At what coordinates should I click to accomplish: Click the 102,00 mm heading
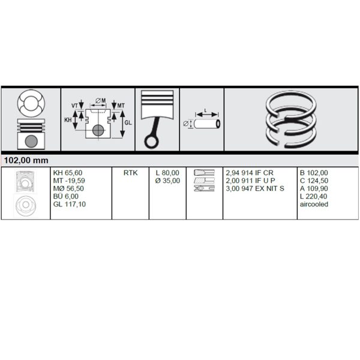[x=26, y=160]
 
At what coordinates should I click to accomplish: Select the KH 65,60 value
[x=68, y=173]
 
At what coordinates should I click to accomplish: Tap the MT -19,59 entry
[x=69, y=181]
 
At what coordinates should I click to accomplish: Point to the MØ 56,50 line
[x=68, y=188]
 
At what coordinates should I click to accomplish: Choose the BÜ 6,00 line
[x=66, y=196]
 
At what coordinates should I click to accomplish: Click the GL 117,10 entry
[x=70, y=204]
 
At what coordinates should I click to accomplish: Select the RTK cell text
[x=130, y=173]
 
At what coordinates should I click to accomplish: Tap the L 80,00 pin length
[x=167, y=173]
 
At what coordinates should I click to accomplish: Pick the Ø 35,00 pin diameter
[x=167, y=181]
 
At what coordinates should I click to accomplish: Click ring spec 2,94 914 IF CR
[x=250, y=173]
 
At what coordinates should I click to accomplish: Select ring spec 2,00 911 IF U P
[x=250, y=181]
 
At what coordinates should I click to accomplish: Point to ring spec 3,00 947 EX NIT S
[x=255, y=188]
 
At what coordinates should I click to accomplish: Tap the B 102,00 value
[x=314, y=173]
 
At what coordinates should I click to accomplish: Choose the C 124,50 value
[x=314, y=181]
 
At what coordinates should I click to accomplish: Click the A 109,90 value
[x=314, y=188]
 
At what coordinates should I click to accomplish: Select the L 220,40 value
[x=313, y=196]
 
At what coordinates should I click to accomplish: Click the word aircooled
[x=314, y=204]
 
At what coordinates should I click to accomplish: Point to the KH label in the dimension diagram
[x=68, y=120]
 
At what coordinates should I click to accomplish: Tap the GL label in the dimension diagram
[x=128, y=123]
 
